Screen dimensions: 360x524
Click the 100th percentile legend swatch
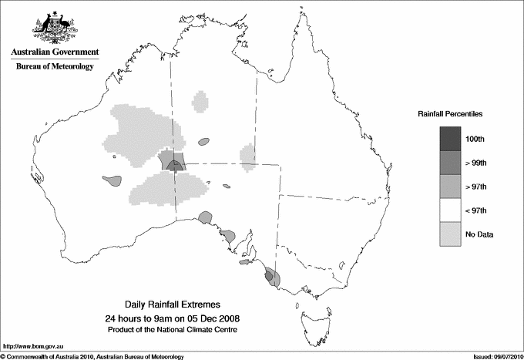point(450,139)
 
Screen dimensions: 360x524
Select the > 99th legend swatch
point(450,163)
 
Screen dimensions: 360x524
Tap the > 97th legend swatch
point(450,187)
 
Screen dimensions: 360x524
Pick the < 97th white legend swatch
point(450,210)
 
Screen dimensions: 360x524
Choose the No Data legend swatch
point(450,234)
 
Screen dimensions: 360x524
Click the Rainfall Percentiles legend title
point(450,113)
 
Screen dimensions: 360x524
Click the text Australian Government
point(53,52)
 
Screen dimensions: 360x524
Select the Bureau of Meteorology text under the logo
point(53,67)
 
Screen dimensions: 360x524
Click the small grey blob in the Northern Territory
point(203,142)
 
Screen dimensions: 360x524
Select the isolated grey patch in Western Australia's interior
point(113,180)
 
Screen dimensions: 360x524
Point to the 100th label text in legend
point(475,139)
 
